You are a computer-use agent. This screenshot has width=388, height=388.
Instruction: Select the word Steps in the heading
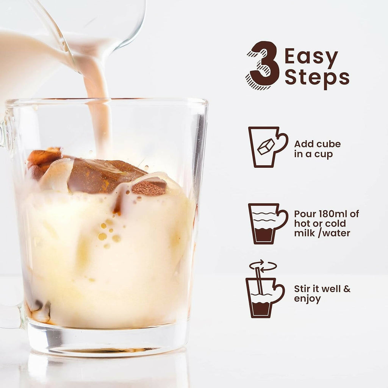[317, 78]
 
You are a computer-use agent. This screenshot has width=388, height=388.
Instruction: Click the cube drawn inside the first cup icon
[266, 147]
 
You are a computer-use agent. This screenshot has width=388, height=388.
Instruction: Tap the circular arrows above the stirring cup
[263, 266]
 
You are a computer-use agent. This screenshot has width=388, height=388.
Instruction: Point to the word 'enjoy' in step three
[307, 299]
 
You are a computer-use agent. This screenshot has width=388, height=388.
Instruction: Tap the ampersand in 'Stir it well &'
[347, 289]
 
